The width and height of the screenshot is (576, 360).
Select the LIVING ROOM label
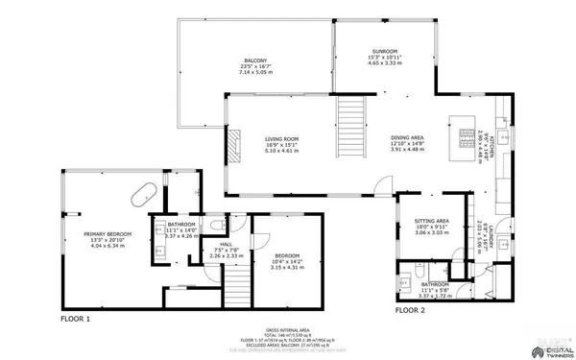pos(282,139)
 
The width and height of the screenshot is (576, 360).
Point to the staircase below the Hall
pos(237,282)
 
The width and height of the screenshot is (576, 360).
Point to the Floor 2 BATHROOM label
pos(434,284)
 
